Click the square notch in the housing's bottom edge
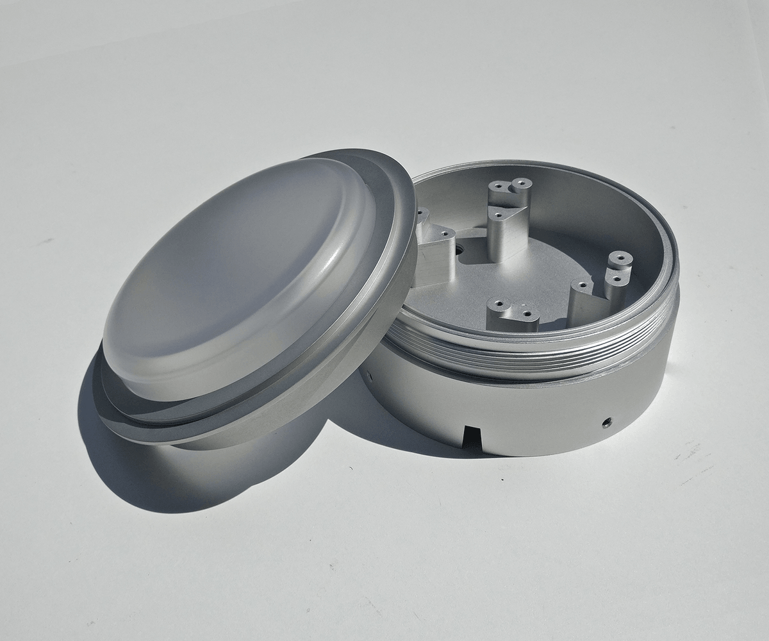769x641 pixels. pyautogui.click(x=470, y=436)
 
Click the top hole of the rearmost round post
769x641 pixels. pyautogui.click(x=520, y=184)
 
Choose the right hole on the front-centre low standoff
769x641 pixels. pyautogui.click(x=527, y=314)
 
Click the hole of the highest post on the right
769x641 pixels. pyautogui.click(x=620, y=259)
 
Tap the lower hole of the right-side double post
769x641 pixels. pyautogui.click(x=616, y=280)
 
